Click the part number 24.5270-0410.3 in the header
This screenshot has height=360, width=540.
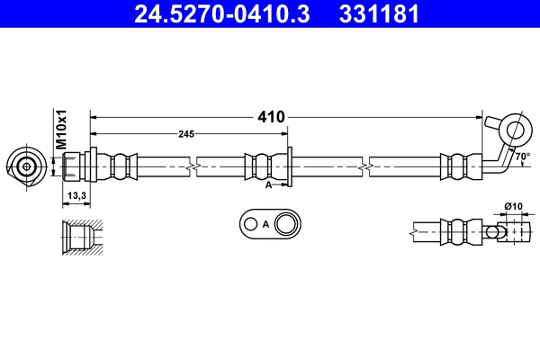point(221,13)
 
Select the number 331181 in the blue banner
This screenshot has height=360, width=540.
point(379,13)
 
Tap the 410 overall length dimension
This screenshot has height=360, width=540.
point(271,117)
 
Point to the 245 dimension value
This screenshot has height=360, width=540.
point(186,134)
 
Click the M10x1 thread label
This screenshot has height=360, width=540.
point(61,130)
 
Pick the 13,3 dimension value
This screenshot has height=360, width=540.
point(76,195)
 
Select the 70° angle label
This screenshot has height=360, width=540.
point(523,157)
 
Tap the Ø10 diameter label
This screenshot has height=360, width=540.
point(514,206)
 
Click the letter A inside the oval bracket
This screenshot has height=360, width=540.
point(265,225)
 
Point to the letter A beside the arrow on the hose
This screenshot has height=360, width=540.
point(268,185)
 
